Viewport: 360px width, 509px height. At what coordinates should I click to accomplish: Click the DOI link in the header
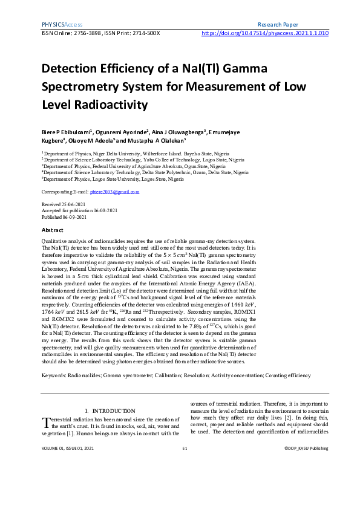[x=264, y=34]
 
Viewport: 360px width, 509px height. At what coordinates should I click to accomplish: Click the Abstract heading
[x=53, y=230]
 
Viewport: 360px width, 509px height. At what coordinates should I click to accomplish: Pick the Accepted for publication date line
[x=79, y=210]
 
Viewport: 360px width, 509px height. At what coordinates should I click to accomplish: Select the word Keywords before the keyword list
[x=53, y=375]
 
